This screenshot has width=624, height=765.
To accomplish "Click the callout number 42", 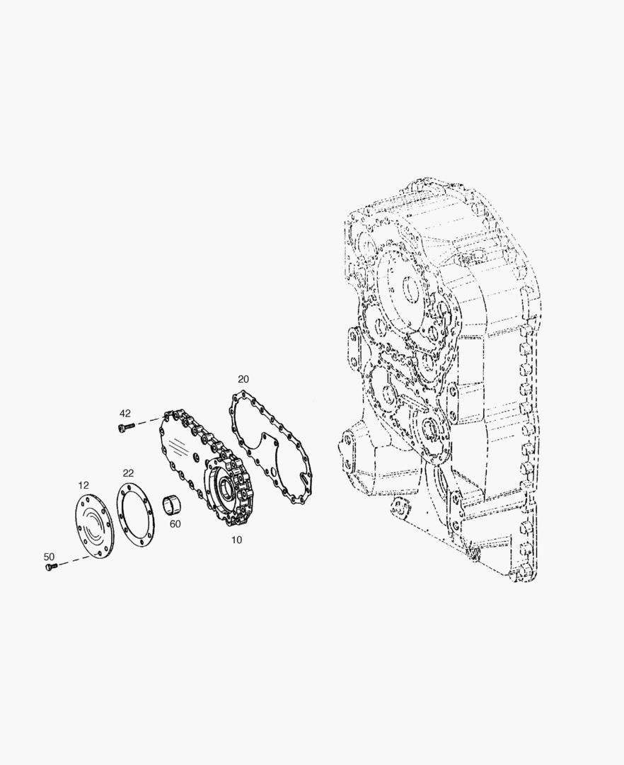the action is pyautogui.click(x=125, y=413).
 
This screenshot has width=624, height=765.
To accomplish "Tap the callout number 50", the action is pyautogui.click(x=50, y=557).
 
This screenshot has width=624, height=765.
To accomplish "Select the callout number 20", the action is pyautogui.click(x=243, y=379).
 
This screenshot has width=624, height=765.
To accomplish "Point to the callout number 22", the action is pyautogui.click(x=128, y=473).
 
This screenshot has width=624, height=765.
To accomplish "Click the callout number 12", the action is pyautogui.click(x=83, y=485).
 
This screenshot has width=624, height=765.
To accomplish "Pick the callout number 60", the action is pyautogui.click(x=175, y=524).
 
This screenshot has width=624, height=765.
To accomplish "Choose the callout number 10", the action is pyautogui.click(x=236, y=540).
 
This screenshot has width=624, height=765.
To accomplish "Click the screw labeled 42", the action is pyautogui.click(x=124, y=428).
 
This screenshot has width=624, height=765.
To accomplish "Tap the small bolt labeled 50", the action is pyautogui.click(x=51, y=567).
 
